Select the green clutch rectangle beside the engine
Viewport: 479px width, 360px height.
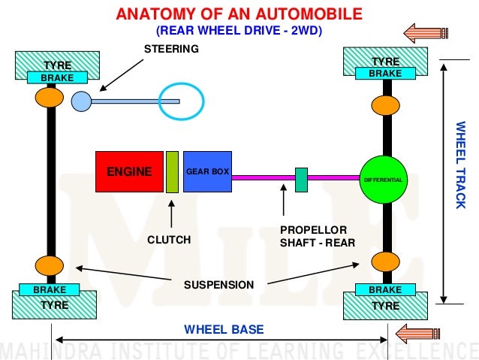click(172, 171)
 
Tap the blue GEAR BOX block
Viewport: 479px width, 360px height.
click(207, 171)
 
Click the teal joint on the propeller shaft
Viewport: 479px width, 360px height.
click(301, 180)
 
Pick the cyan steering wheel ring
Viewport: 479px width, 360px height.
click(181, 99)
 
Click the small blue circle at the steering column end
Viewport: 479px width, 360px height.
click(80, 101)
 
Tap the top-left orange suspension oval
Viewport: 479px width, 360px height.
click(49, 98)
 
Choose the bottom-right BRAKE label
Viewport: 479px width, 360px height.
click(385, 289)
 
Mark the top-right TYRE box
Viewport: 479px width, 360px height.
click(385, 59)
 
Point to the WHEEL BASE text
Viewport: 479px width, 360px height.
click(224, 330)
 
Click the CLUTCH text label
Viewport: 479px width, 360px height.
click(169, 240)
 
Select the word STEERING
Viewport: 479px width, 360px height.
click(171, 49)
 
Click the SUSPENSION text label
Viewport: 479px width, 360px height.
click(219, 285)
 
